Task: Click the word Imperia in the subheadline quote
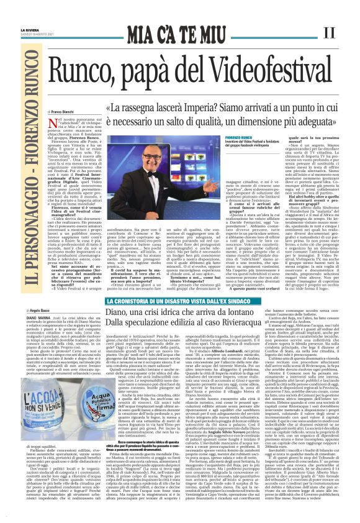[185, 93]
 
